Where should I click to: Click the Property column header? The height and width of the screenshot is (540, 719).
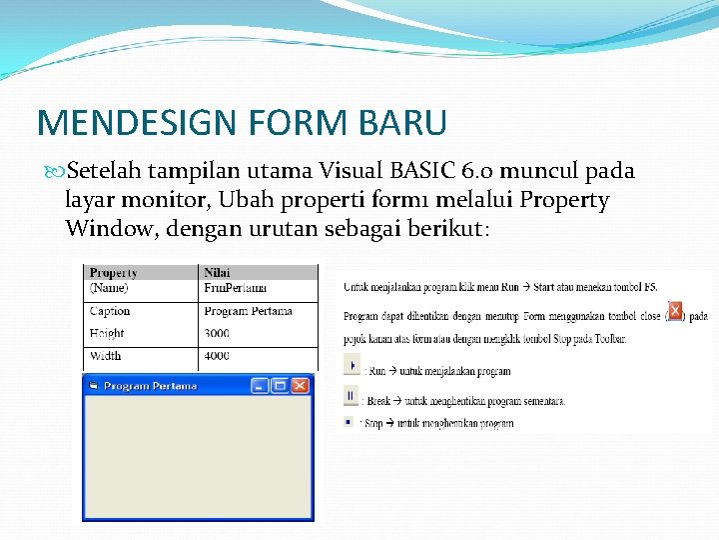[x=113, y=272]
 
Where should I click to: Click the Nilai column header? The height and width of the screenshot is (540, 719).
[x=217, y=272]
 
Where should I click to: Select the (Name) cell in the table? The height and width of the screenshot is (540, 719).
[x=109, y=288]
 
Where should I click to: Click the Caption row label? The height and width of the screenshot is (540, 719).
[x=110, y=311]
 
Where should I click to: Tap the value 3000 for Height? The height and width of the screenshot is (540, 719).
[x=217, y=333]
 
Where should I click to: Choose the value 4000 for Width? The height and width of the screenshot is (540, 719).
[x=217, y=355]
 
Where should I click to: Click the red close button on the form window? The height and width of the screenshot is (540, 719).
[x=300, y=385]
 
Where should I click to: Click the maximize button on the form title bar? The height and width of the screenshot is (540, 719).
[x=280, y=385]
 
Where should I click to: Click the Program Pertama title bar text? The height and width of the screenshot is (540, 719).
[x=150, y=386]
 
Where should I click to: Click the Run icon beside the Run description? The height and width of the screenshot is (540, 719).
[x=350, y=368]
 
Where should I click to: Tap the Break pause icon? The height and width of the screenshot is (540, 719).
[x=350, y=396]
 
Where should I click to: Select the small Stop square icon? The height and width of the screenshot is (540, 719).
[x=348, y=422]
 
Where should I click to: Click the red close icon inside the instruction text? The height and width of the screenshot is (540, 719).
[x=675, y=311]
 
